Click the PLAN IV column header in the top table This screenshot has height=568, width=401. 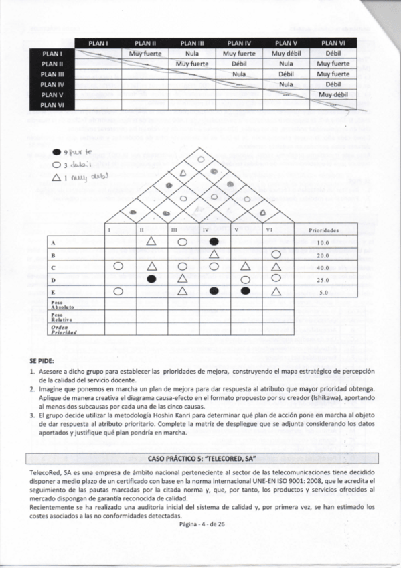pyautogui.click(x=239, y=43)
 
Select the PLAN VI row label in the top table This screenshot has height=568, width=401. pyautogui.click(x=52, y=105)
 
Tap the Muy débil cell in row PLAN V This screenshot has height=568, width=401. pyautogui.click(x=333, y=95)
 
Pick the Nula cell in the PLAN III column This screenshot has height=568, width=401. pyautogui.click(x=192, y=53)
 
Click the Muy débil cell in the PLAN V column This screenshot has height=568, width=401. pyautogui.click(x=287, y=53)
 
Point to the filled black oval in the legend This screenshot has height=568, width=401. pyautogui.click(x=57, y=152)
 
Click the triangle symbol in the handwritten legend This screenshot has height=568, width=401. pyautogui.click(x=57, y=177)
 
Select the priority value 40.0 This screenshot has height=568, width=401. pyautogui.click(x=323, y=267)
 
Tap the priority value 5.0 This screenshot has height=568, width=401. pyautogui.click(x=323, y=292)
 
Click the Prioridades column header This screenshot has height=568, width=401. pyautogui.click(x=323, y=230)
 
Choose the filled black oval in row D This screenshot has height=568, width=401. pyautogui.click(x=152, y=279)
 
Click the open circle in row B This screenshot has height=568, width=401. pyautogui.click(x=275, y=254)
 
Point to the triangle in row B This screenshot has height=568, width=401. pyautogui.click(x=214, y=254)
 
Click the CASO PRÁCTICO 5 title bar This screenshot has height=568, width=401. pyautogui.click(x=201, y=457)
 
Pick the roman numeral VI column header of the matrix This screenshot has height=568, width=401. pyautogui.click(x=269, y=230)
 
